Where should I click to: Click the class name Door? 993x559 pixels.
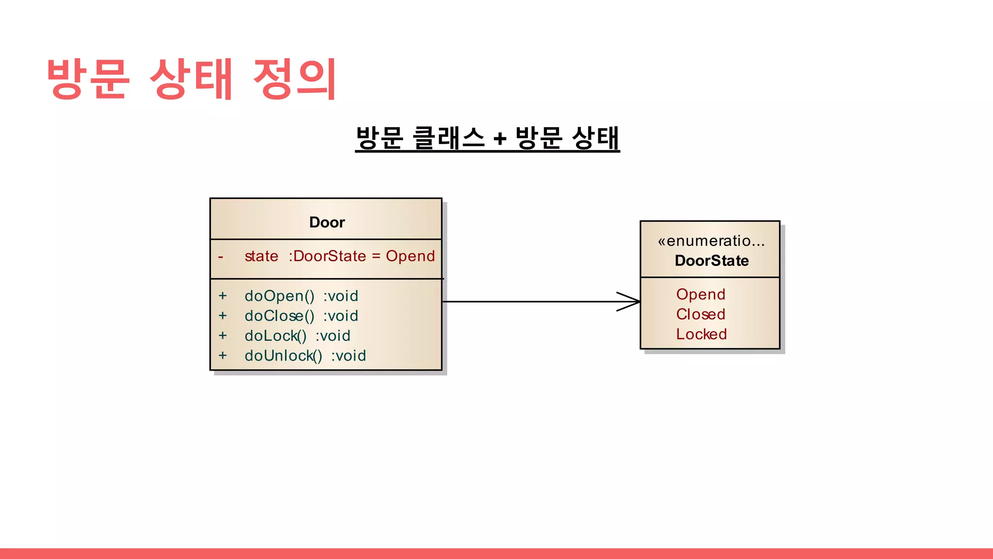[327, 222]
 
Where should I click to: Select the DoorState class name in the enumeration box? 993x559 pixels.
[711, 261]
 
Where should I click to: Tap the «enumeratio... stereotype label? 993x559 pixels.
[711, 241]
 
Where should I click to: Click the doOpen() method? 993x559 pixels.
[279, 296]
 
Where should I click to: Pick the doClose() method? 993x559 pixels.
[279, 316]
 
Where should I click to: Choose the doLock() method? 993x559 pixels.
[275, 336]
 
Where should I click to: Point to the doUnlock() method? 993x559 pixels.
[283, 356]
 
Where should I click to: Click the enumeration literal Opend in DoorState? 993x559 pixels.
[701, 294]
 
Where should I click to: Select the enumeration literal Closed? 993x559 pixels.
[701, 314]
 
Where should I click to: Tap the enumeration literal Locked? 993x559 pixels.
[701, 334]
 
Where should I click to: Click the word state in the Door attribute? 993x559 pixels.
[261, 256]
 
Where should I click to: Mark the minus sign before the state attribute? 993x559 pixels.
[221, 257]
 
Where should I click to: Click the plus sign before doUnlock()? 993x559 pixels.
[223, 355]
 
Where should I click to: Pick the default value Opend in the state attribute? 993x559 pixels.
[410, 256]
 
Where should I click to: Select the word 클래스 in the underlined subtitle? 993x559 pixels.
[448, 138]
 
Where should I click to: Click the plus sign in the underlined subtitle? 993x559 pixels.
[499, 139]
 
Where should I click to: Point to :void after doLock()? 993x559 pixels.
[333, 336]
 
